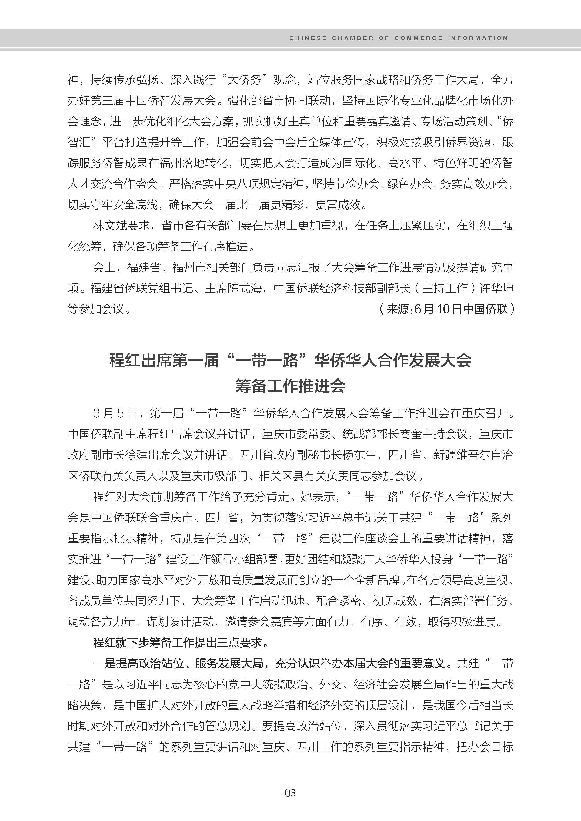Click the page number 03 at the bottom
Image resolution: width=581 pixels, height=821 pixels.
coord(290,793)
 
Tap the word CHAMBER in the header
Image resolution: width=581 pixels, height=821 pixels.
coord(352,38)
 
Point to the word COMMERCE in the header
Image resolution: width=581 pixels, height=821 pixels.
coord(418,38)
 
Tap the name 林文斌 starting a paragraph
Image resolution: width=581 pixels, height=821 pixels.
coord(110,226)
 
